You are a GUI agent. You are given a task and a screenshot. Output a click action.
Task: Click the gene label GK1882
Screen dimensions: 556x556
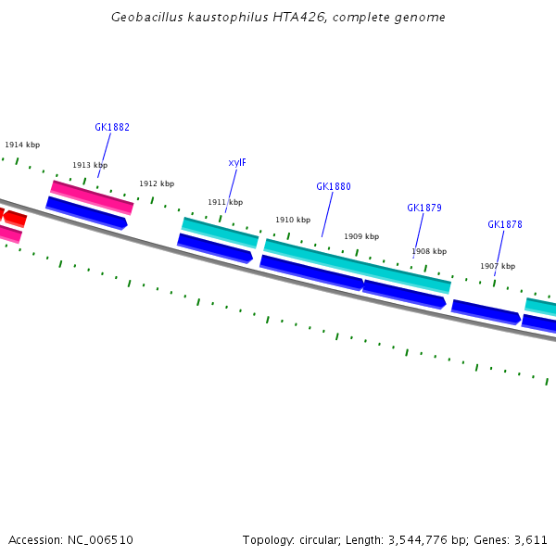[x=112, y=128]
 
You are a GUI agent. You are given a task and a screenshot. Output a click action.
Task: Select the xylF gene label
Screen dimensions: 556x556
[x=237, y=163]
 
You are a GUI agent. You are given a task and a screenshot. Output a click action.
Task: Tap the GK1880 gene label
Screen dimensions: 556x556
[x=334, y=186]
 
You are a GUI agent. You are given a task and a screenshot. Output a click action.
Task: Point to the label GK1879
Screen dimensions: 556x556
[x=424, y=208]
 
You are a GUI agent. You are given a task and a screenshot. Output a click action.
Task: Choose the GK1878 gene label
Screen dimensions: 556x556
[x=505, y=224]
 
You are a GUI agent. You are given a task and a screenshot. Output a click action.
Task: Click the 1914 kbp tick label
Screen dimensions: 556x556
[x=22, y=145]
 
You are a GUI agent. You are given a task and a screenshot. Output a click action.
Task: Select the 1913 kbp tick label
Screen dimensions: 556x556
[x=90, y=165]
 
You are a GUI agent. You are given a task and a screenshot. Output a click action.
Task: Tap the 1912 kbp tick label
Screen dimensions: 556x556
[x=157, y=183]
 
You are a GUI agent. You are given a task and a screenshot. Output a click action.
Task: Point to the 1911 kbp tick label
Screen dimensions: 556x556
[x=225, y=202]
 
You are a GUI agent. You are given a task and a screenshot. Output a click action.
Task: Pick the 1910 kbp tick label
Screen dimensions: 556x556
[x=293, y=220]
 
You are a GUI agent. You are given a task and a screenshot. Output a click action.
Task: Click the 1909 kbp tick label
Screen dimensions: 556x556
[x=361, y=236]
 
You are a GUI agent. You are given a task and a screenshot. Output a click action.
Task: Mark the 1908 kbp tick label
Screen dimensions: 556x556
[x=429, y=251]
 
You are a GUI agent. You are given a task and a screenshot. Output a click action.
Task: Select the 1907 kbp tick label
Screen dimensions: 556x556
[x=498, y=266]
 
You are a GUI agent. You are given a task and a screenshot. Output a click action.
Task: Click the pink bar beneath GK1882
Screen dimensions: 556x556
[x=92, y=196]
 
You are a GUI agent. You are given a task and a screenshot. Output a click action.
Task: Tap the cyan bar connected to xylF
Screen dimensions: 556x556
[x=220, y=233]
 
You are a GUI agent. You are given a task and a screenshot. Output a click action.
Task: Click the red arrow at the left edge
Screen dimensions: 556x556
[x=14, y=219]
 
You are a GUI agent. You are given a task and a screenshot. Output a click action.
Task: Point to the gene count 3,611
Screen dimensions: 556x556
[x=531, y=539]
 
